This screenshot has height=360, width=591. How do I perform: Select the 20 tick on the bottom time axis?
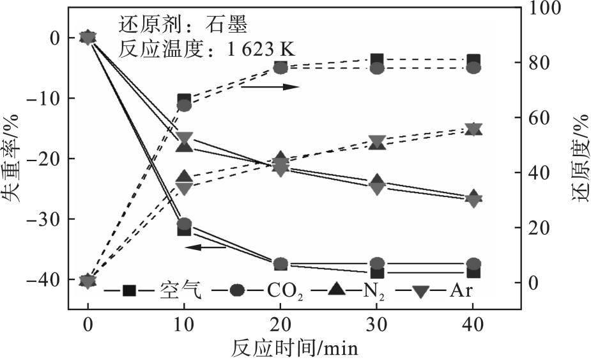coord(280,324)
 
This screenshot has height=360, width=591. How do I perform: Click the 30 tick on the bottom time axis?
coord(377,324)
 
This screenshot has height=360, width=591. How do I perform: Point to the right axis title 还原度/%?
coord(579,159)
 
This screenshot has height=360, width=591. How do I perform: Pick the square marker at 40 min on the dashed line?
coord(473,61)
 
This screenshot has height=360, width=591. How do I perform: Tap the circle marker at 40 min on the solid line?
coord(473,263)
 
